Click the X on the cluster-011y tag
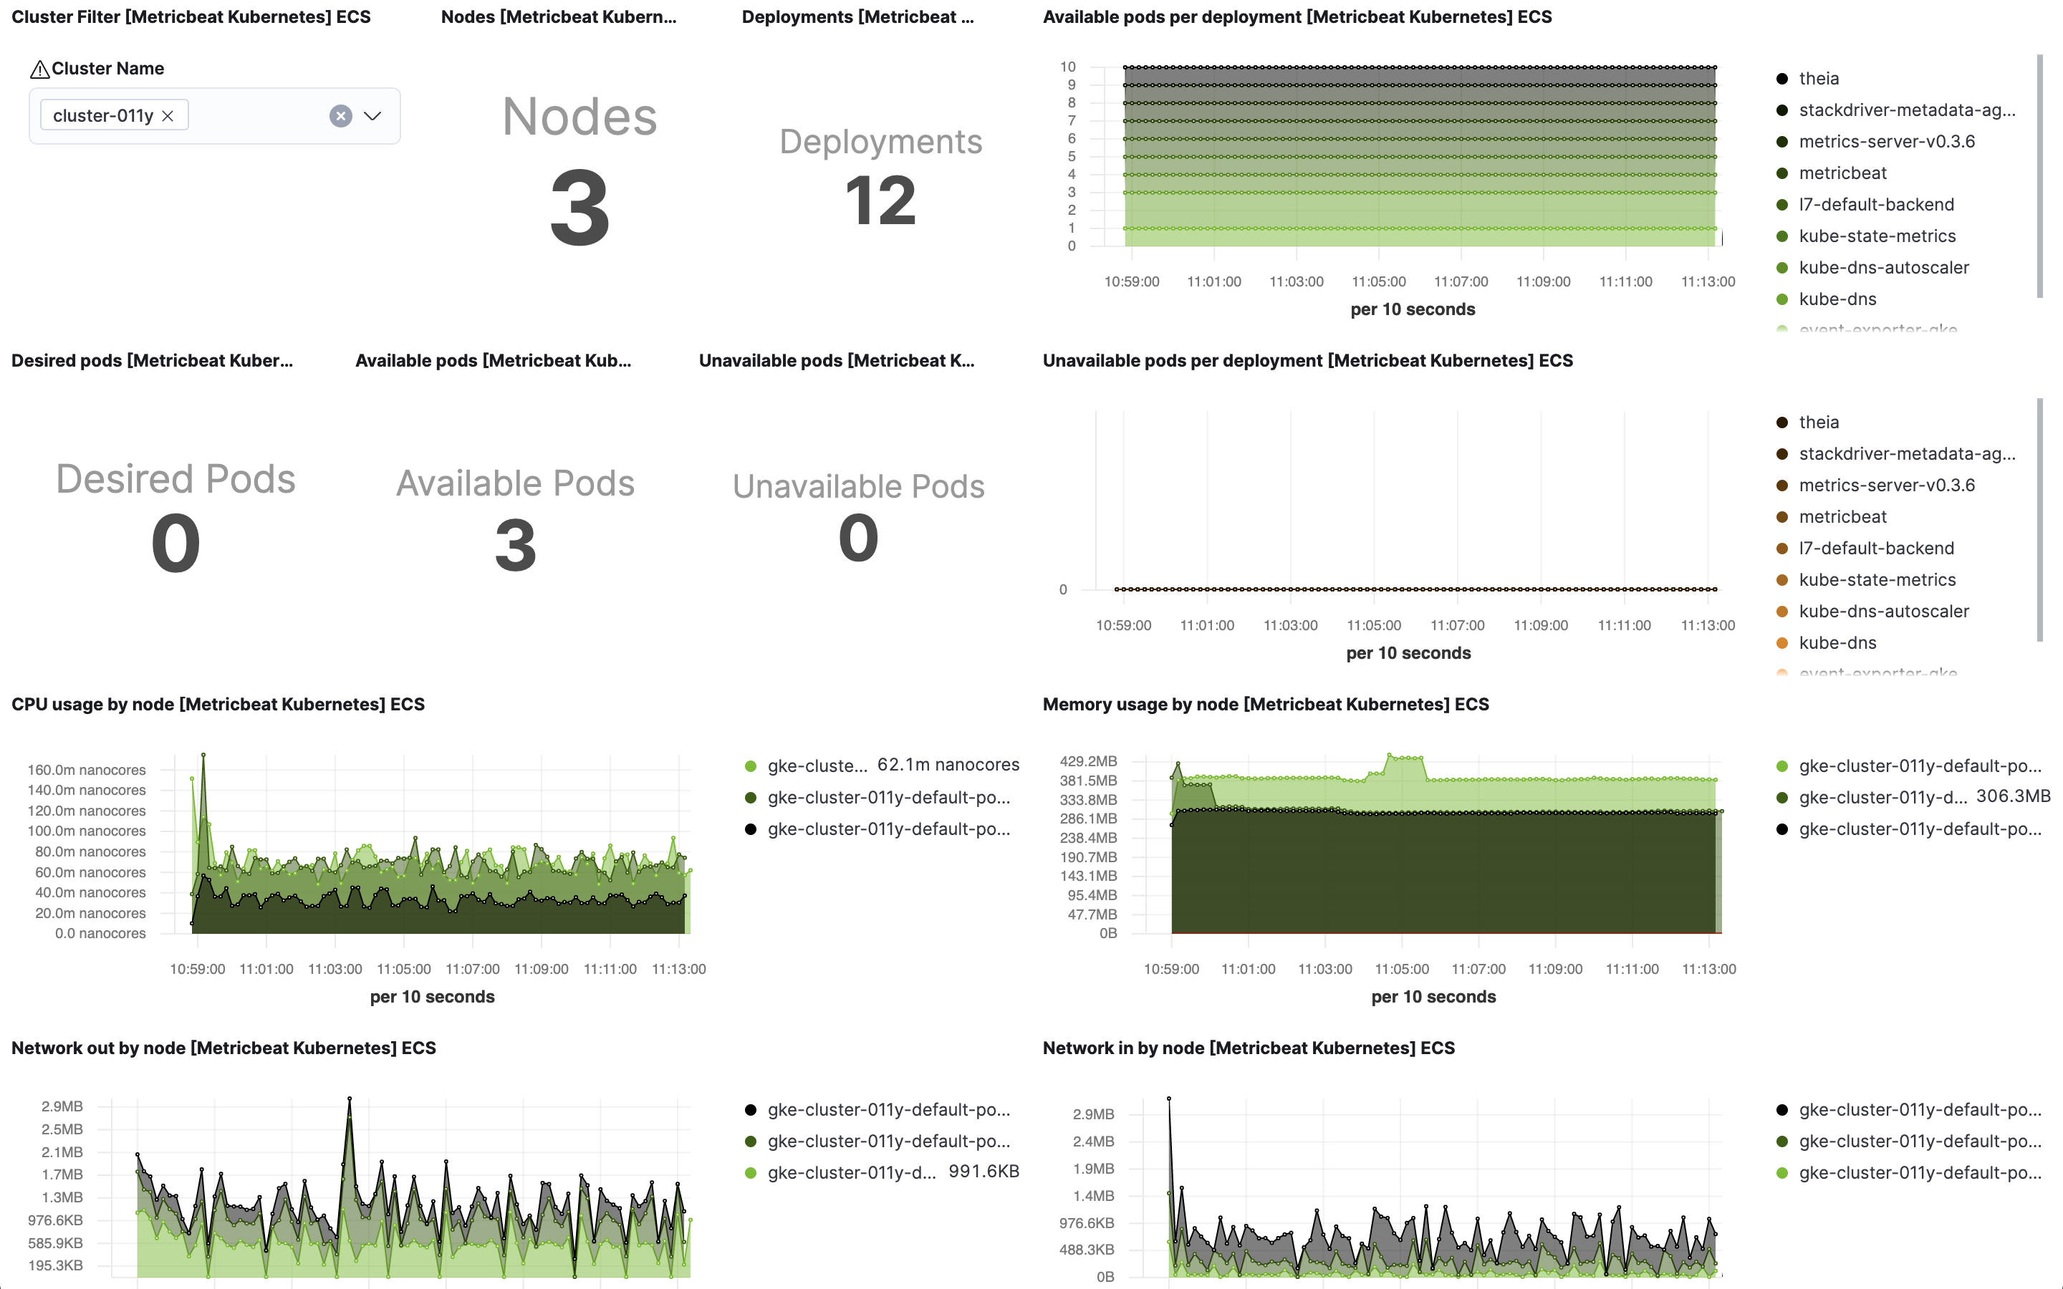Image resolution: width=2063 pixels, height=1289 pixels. (x=168, y=116)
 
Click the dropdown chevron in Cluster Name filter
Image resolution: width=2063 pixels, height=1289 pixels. (x=372, y=116)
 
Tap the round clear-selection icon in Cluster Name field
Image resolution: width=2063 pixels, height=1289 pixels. (x=341, y=116)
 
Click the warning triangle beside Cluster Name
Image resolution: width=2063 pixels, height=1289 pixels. (x=39, y=69)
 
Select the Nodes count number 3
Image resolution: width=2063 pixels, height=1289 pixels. (x=580, y=208)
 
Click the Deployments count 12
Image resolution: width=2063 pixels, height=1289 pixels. (x=880, y=201)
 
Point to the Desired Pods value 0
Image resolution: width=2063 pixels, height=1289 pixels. (x=175, y=544)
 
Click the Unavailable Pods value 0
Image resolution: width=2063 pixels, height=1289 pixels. (x=858, y=538)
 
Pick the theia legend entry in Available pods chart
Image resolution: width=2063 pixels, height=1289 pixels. (x=1818, y=79)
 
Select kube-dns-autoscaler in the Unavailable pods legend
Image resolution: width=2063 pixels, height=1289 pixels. (x=1883, y=612)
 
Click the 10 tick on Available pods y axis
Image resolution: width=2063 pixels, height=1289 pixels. (x=1068, y=67)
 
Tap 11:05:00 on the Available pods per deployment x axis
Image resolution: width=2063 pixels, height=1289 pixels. (x=1378, y=281)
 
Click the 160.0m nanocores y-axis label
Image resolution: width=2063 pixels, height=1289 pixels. (x=86, y=770)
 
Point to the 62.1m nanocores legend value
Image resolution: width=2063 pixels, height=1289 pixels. (x=948, y=765)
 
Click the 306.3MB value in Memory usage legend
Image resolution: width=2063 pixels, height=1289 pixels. (x=2013, y=796)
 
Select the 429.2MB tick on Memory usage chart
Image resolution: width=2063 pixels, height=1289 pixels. (x=1088, y=761)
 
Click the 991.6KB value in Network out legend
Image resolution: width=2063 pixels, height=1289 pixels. (x=984, y=1172)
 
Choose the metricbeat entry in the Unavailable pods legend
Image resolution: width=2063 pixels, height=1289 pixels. (x=1842, y=516)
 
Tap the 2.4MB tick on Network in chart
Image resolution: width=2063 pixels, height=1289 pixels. (x=1093, y=1141)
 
